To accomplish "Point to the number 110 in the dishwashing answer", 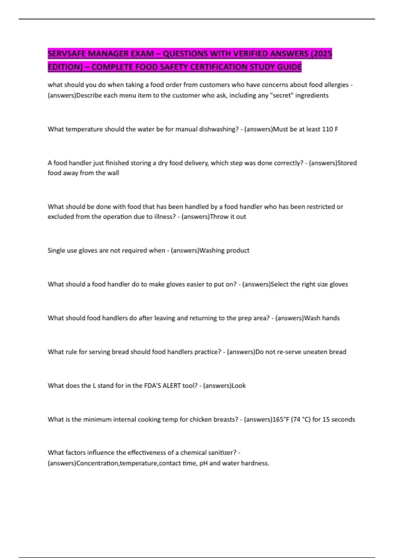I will [x=327, y=129].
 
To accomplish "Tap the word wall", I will [x=113, y=173].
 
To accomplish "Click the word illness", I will [x=163, y=217].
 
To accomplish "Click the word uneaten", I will [x=315, y=352].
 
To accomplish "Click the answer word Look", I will [x=239, y=386].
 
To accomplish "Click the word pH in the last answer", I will [x=203, y=463].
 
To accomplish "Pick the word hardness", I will [x=255, y=463].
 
